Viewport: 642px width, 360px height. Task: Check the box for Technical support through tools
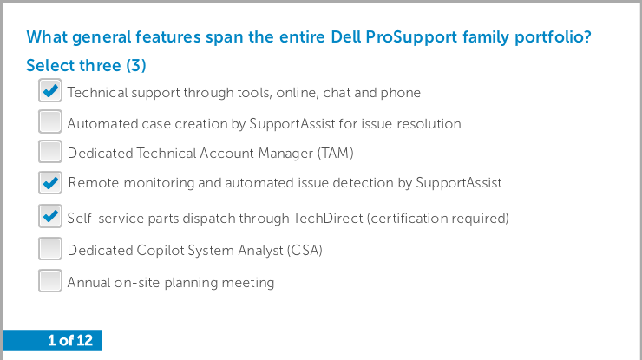click(x=50, y=90)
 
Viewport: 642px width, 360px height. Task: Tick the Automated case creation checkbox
click(x=50, y=121)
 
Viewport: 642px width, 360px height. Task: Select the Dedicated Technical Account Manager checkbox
click(x=50, y=152)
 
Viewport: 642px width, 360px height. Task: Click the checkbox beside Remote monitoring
click(x=50, y=183)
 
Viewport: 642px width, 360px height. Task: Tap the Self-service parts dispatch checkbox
click(x=50, y=216)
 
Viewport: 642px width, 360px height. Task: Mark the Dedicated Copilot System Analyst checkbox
click(x=50, y=249)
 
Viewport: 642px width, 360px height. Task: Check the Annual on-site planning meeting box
click(x=50, y=280)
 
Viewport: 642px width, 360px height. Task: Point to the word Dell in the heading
click(x=345, y=36)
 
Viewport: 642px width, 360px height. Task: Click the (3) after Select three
click(x=136, y=66)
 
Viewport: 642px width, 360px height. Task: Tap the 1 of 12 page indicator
click(x=70, y=340)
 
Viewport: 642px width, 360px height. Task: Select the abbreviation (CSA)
click(x=305, y=250)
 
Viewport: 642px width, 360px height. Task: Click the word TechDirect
click(x=328, y=218)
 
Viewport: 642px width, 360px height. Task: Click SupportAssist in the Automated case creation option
click(x=292, y=124)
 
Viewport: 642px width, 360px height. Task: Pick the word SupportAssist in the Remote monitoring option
click(x=459, y=183)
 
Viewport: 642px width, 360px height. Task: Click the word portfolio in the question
click(x=550, y=37)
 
